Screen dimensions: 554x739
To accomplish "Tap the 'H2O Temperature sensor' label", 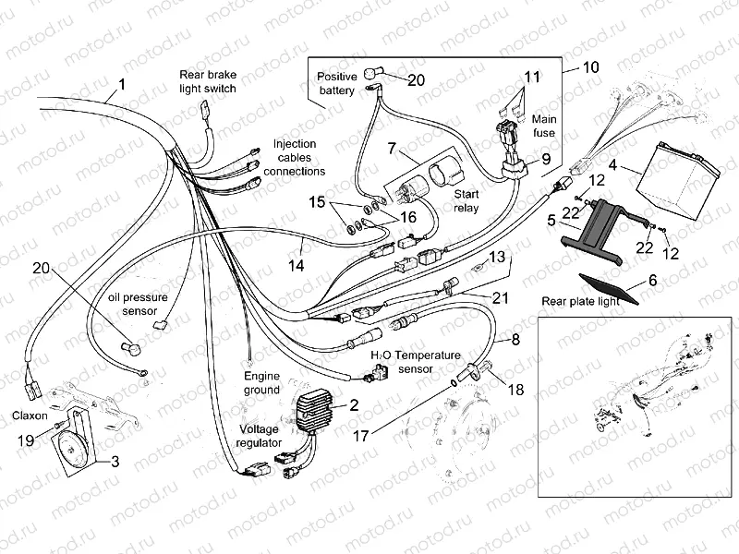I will point(415,361).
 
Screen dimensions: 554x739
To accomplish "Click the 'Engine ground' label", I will point(261,383).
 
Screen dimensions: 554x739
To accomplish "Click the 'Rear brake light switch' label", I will point(208,81).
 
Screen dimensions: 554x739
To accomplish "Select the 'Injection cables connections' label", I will point(295,157).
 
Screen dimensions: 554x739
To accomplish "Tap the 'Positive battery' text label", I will point(336,83).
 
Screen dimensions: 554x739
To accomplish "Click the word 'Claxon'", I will point(30,415).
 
